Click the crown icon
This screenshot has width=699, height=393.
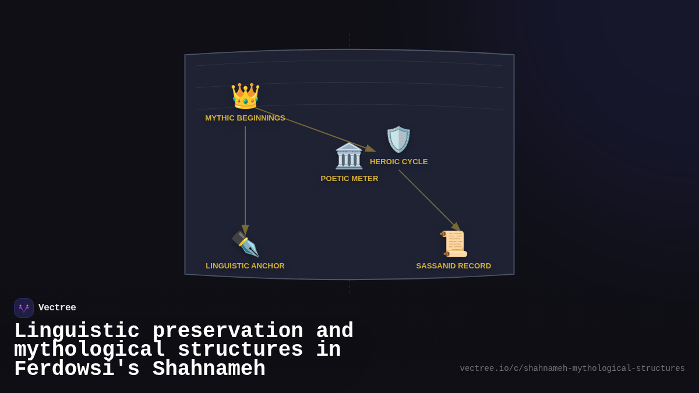click(x=245, y=96)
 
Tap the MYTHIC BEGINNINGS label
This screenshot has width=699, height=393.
click(x=245, y=118)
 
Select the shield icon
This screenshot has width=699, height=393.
click(x=398, y=139)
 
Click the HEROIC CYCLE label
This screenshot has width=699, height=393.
click(x=399, y=162)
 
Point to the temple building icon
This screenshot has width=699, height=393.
click(x=349, y=156)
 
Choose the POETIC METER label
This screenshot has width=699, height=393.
click(x=349, y=179)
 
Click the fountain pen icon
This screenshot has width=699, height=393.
click(x=245, y=244)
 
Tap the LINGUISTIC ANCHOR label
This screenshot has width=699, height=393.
click(x=245, y=266)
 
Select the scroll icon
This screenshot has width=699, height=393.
click(x=453, y=244)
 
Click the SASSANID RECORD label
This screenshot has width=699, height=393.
click(x=453, y=266)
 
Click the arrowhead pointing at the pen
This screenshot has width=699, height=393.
click(x=245, y=229)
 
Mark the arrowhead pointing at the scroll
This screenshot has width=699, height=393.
click(x=456, y=227)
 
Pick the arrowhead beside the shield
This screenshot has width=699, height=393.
click(x=370, y=148)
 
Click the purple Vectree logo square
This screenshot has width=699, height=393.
click(x=24, y=308)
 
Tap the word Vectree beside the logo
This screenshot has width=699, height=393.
click(x=57, y=307)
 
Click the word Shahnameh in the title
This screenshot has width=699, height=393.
click(x=209, y=369)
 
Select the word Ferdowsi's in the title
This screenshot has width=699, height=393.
click(x=77, y=369)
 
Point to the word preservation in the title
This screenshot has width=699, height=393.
click(x=228, y=331)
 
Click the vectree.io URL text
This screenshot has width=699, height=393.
click(x=572, y=369)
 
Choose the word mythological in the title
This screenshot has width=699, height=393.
click(x=90, y=350)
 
